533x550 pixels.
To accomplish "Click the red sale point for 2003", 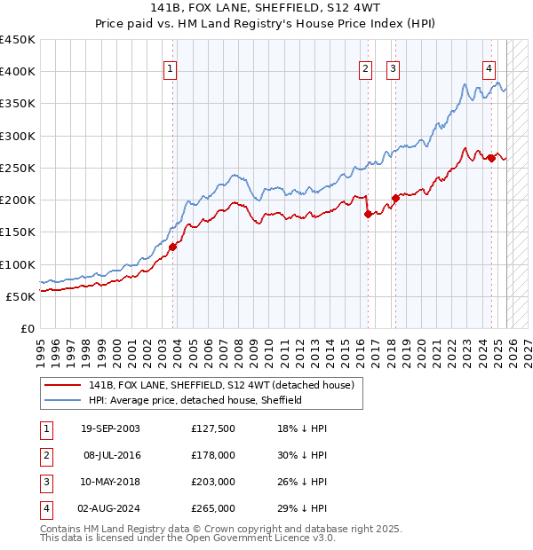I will (173, 247).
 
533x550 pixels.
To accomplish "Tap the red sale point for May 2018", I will (395, 198).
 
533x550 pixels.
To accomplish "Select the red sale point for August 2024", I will (491, 159).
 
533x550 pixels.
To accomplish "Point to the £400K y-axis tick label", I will (18, 72).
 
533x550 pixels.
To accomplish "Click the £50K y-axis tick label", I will (21, 296).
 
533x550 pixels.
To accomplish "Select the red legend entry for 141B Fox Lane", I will (221, 385).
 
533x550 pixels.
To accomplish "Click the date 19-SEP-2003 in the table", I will (110, 428).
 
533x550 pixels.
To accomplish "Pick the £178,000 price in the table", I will (212, 455).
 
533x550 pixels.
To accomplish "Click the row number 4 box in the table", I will (46, 508).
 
